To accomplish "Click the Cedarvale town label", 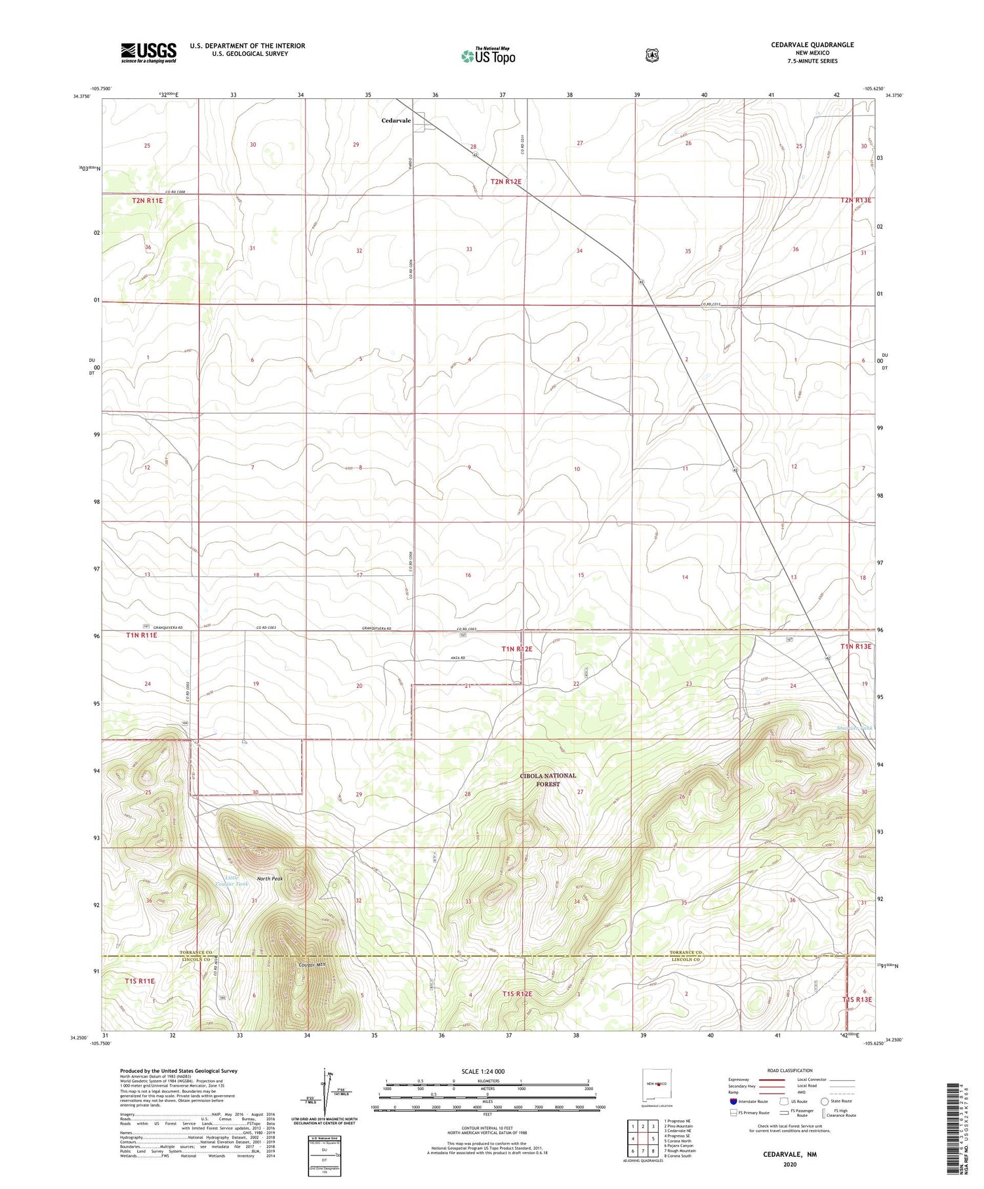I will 396,121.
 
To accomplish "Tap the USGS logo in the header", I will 148,52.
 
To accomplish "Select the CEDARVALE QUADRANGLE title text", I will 804,45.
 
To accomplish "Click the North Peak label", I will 270,879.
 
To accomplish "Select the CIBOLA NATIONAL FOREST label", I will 548,780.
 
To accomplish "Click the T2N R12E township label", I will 506,182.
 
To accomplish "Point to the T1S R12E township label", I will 517,994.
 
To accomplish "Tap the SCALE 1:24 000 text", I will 483,1072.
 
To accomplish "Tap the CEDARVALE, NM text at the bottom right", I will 789,1154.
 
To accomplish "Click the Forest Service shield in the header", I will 651,56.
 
